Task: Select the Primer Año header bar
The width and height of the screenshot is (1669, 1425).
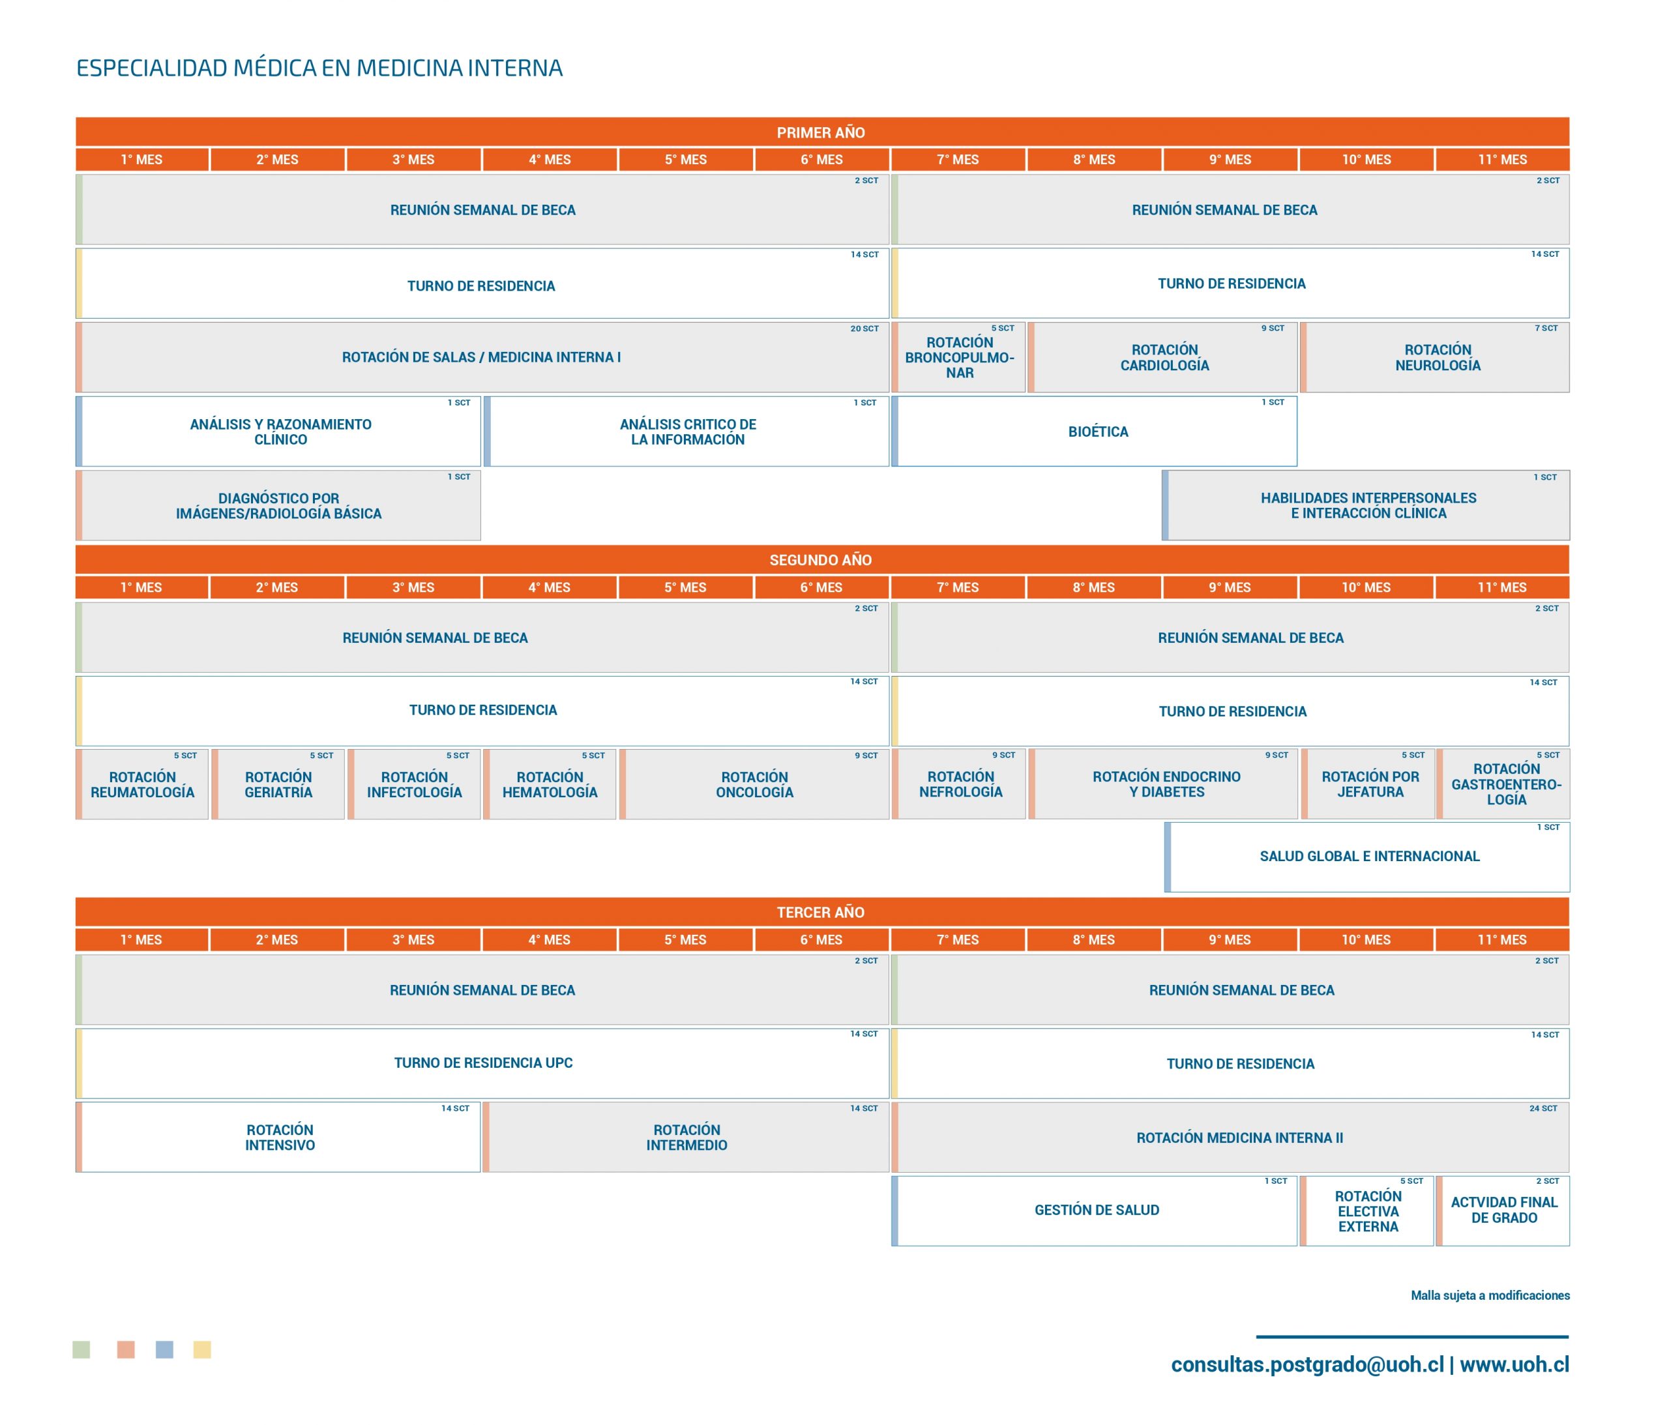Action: (x=821, y=132)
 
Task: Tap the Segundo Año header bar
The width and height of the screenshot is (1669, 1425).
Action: (x=821, y=560)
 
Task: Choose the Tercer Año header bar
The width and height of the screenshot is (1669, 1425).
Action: (x=821, y=912)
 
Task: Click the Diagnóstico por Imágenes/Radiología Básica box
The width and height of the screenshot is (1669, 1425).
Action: (x=278, y=505)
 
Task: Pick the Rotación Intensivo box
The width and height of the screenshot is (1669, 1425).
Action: (x=278, y=1137)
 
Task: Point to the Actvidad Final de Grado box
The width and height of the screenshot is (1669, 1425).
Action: (x=1503, y=1211)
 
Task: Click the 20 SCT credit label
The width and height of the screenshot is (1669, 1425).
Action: (x=864, y=329)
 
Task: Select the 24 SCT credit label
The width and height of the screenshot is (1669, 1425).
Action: (x=1543, y=1108)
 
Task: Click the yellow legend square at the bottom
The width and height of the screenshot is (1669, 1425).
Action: (x=202, y=1349)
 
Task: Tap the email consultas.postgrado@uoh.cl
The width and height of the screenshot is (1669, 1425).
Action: (x=1307, y=1364)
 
